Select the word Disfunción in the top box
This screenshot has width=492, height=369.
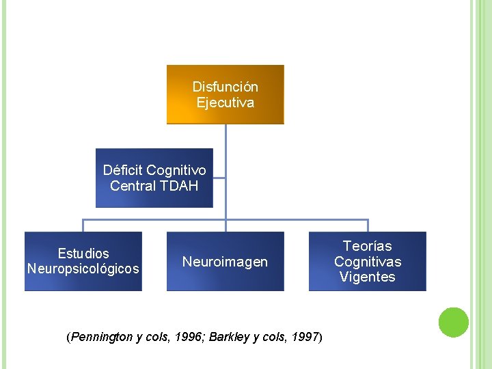225,87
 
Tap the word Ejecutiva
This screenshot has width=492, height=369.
225,102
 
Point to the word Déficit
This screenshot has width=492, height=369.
123,169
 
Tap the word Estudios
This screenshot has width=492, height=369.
83,254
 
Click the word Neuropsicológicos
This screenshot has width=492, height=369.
83,269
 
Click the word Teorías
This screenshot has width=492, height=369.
367,246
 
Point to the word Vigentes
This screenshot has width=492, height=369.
367,277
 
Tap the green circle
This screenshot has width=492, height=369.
453,323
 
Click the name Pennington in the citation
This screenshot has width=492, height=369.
100,337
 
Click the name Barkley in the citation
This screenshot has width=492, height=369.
230,337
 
